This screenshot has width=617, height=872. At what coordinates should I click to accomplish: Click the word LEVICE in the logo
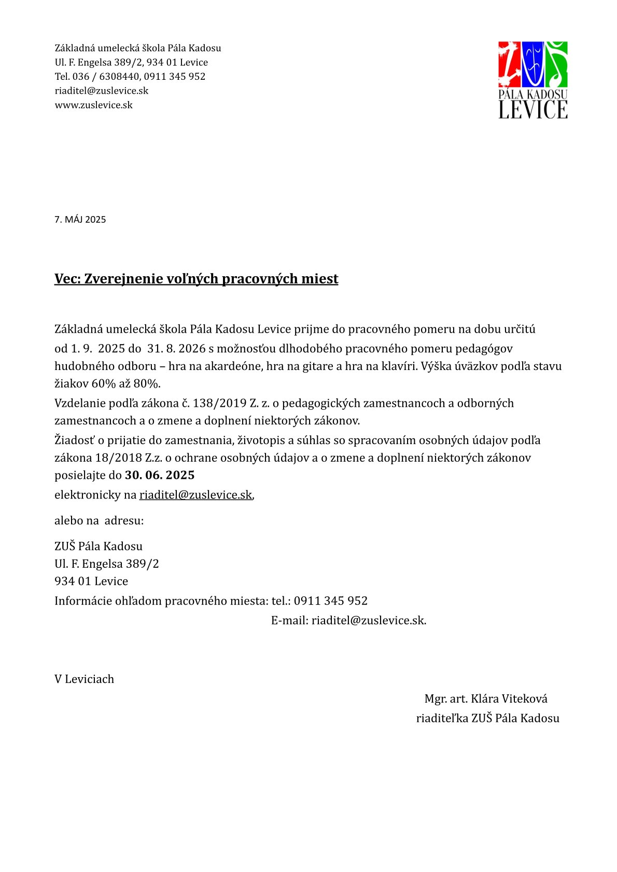533,109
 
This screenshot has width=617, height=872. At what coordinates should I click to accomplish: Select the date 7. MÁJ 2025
80,220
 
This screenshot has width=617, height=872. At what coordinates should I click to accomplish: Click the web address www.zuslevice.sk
94,105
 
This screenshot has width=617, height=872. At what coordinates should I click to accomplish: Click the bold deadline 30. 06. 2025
160,475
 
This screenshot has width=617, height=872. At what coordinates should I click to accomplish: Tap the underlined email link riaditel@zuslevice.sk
195,495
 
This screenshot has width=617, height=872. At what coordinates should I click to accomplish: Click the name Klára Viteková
509,698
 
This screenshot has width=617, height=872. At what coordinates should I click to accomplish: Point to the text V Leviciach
84,679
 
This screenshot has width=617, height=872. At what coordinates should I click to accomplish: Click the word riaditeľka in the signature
442,718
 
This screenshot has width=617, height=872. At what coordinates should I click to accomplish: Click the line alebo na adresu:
99,520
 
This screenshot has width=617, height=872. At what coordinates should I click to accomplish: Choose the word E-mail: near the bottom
289,620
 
